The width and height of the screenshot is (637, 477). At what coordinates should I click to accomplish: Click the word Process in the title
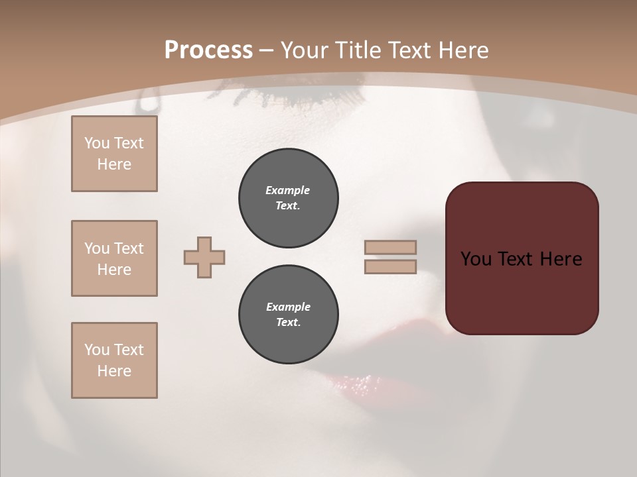208,50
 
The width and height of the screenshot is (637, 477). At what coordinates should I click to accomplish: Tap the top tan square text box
114,154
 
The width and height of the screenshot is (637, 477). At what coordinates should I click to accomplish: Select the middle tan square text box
114,258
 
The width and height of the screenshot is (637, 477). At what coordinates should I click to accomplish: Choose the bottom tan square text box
114,360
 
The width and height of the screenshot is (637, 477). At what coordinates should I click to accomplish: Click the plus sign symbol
204,257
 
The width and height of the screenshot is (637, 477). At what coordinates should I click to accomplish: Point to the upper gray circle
289,198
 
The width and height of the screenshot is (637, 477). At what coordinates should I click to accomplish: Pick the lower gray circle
289,315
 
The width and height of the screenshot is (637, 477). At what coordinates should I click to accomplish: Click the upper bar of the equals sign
390,247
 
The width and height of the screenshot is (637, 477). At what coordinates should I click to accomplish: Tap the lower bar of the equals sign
390,266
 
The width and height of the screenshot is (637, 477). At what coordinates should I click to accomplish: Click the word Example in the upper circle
288,190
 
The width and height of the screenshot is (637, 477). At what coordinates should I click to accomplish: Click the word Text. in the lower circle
288,323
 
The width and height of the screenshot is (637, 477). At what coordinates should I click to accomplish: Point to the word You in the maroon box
476,259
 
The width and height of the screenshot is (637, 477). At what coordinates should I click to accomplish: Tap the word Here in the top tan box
114,164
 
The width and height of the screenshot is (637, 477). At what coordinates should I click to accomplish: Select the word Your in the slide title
305,50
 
